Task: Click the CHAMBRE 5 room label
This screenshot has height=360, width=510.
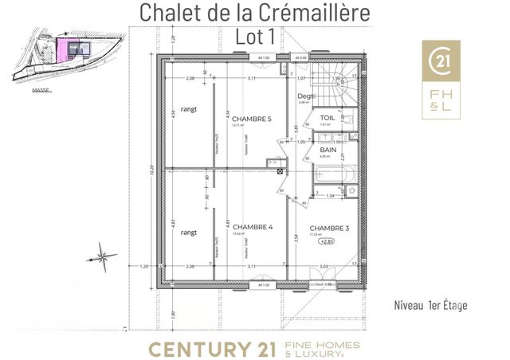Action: click(x=251, y=119)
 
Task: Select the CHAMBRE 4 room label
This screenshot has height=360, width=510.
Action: click(x=253, y=227)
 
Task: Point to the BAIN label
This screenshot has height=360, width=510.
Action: click(x=328, y=150)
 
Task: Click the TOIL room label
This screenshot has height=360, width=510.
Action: click(x=328, y=117)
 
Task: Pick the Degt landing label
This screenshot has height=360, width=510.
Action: click(x=307, y=96)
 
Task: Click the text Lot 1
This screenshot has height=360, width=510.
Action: click(x=254, y=36)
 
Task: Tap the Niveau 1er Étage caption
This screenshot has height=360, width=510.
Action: click(x=430, y=305)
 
